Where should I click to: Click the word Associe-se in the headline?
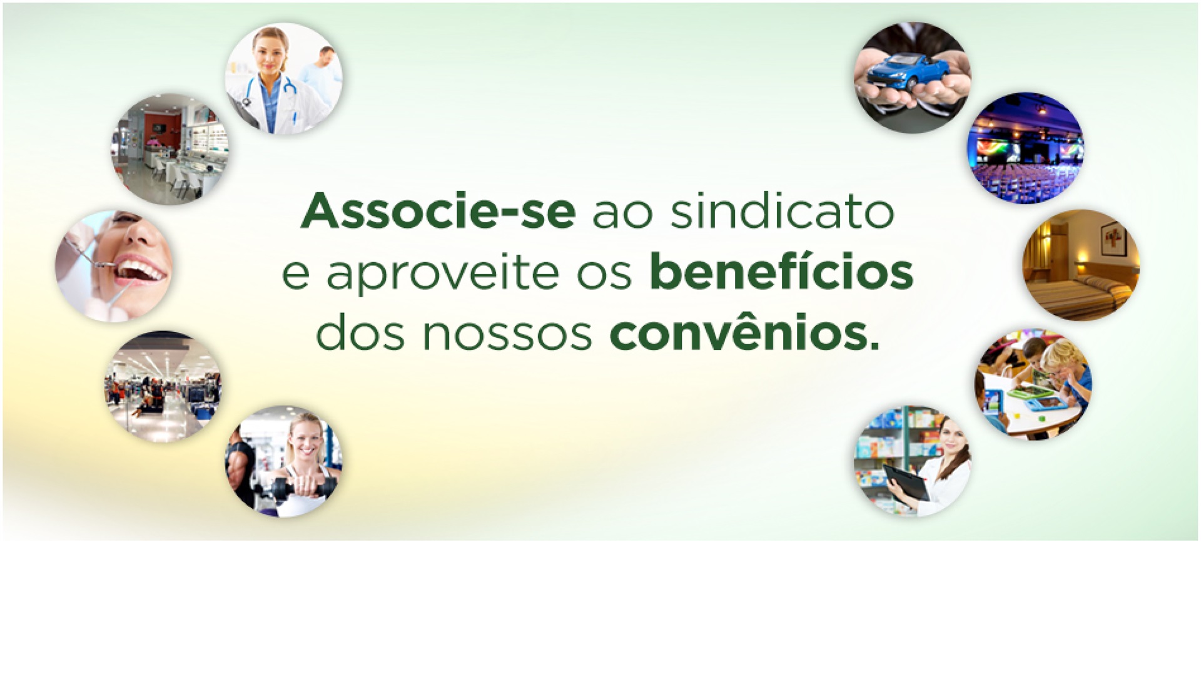tap(438, 212)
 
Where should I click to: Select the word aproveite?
tap(443, 274)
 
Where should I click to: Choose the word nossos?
tap(507, 334)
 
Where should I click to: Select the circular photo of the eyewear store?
tap(170, 150)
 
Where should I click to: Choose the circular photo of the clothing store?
tap(163, 386)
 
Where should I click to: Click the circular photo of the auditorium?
tap(1025, 148)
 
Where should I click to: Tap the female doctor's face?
tap(270, 50)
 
